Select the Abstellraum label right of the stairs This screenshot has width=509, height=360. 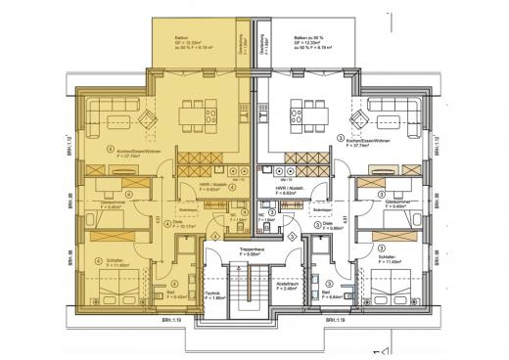click(x=288, y=286)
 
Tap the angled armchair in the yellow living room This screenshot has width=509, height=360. click(x=147, y=121)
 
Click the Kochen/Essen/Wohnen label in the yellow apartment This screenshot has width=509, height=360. click(x=137, y=154)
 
